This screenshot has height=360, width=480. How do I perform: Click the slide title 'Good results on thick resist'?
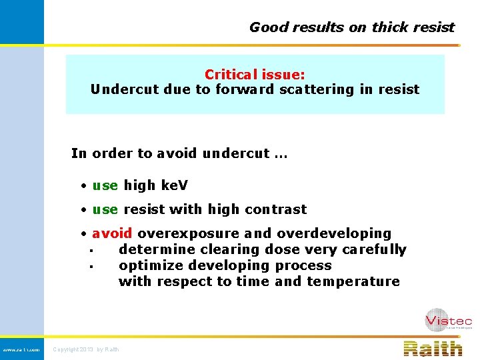[x=351, y=27]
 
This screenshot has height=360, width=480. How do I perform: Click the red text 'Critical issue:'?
[x=255, y=75]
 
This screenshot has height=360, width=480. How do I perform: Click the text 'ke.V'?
[x=175, y=185]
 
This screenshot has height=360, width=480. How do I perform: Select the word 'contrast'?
[x=275, y=209]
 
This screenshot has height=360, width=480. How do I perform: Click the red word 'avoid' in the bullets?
[x=112, y=233]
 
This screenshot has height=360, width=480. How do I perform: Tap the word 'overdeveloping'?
[x=334, y=233]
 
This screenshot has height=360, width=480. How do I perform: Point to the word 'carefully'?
[x=373, y=249]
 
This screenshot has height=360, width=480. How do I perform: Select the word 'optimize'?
[x=145, y=265]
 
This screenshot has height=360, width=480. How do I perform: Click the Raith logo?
[x=433, y=349]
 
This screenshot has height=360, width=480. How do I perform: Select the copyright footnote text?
[x=86, y=349]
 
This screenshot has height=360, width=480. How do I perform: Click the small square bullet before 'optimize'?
[x=90, y=267]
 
